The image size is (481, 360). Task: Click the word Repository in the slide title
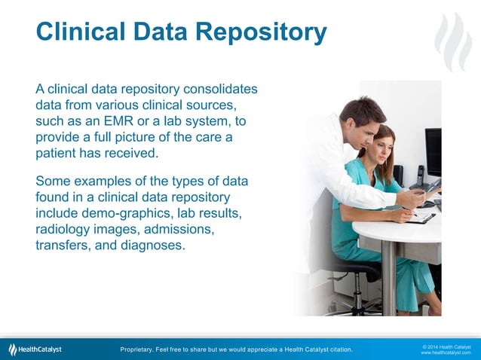(x=262, y=32)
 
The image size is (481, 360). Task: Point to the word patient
(x=57, y=154)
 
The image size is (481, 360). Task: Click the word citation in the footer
(x=337, y=349)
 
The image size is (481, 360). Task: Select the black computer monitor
(x=433, y=151)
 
